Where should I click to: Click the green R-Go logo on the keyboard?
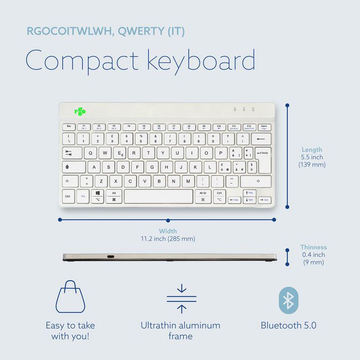point(80,111)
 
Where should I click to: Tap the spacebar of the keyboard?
point(158,196)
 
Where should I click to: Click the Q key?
point(90,153)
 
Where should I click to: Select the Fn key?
point(83,196)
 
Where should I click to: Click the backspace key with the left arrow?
point(261,139)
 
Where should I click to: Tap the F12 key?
point(249,127)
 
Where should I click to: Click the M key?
point(188,182)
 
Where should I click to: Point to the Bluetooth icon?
point(288,300)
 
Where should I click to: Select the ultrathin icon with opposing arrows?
point(182,298)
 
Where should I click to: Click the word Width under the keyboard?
point(168,231)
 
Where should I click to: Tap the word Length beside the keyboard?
point(312,150)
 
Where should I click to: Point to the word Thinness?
point(313,247)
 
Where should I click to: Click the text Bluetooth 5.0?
point(288,326)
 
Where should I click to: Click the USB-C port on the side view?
point(111,256)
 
